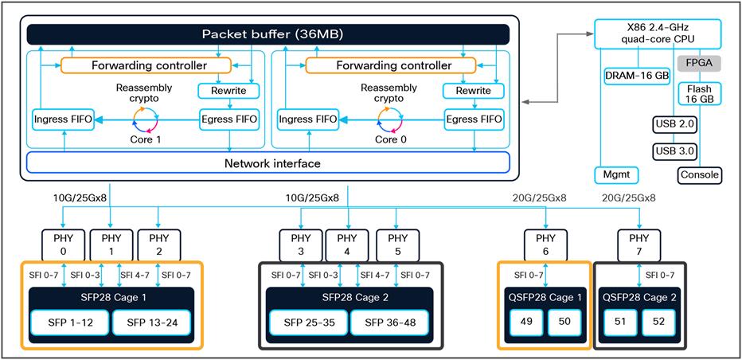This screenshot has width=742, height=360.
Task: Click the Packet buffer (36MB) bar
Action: (268, 35)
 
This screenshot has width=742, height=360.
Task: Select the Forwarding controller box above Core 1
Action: (146, 65)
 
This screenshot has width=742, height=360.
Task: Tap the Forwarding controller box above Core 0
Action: (390, 65)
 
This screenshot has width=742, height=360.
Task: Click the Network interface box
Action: (268, 162)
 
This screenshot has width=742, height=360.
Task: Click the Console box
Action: (700, 174)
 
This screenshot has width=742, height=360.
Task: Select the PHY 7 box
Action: (639, 243)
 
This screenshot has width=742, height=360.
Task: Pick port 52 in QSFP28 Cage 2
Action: (658, 323)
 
